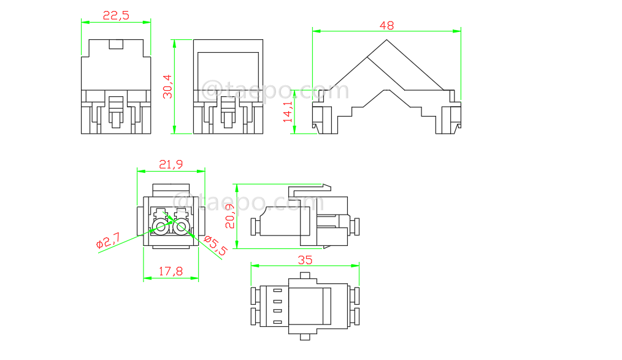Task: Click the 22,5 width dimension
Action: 116,16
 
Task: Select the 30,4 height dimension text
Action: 167,86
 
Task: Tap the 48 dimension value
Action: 386,25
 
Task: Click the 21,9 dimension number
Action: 170,165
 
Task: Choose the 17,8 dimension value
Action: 171,270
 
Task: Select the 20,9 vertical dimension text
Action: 230,216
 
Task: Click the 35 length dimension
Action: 305,260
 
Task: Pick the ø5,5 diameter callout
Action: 215,245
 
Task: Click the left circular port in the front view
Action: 161,228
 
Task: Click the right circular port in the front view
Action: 181,228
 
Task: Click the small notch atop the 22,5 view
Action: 116,44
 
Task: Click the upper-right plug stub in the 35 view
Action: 355,296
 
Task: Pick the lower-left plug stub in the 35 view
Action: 255,316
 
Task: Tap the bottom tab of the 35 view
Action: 305,336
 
